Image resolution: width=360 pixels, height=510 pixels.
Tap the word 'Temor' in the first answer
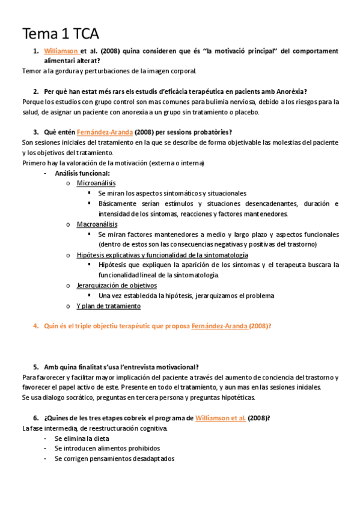pyautogui.click(x=32, y=71)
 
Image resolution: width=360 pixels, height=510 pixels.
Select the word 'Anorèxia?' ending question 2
pyautogui.click(x=288, y=91)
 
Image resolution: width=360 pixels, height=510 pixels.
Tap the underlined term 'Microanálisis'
pyautogui.click(x=96, y=183)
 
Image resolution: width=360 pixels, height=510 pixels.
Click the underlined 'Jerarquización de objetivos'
pyautogui.click(x=117, y=285)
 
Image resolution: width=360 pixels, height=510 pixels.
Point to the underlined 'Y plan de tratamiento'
pyautogui.click(x=109, y=306)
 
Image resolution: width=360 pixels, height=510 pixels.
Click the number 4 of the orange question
pyautogui.click(x=35, y=326)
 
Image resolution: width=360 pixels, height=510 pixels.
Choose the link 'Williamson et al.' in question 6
pyautogui.click(x=220, y=418)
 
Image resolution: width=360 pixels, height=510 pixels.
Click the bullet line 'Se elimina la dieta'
pyautogui.click(x=82, y=438)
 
